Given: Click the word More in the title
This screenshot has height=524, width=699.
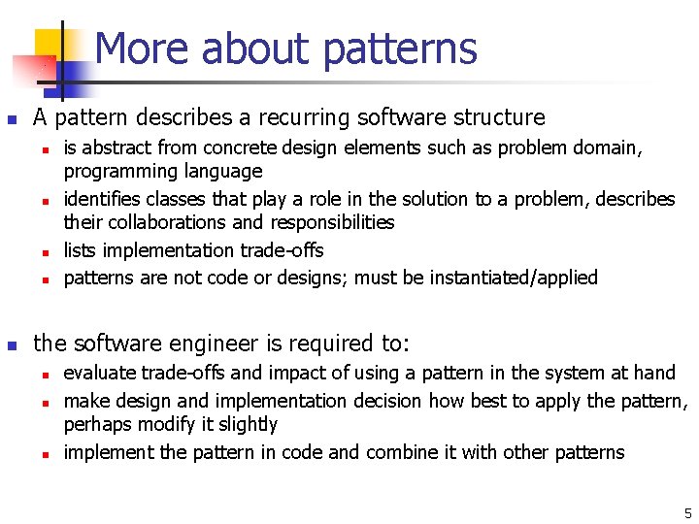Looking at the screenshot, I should pyautogui.click(x=136, y=49).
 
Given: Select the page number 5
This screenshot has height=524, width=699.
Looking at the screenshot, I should pyautogui.click(x=687, y=513).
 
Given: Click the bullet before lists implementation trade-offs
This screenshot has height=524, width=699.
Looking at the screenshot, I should pyautogui.click(x=45, y=251).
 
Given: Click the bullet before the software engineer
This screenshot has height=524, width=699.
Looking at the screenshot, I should pyautogui.click(x=12, y=344).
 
